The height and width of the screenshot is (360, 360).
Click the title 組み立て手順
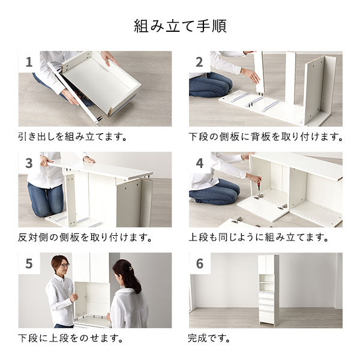point(180,27)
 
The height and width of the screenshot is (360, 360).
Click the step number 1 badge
point(29,62)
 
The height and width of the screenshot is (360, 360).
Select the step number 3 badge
point(29,163)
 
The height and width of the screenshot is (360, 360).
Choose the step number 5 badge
point(29,263)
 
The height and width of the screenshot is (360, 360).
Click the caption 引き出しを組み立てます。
point(73,137)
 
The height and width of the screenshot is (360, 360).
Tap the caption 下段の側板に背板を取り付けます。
point(266,137)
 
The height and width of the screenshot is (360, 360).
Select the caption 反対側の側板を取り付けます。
point(85,238)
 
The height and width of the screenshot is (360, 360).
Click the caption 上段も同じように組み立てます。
point(259,238)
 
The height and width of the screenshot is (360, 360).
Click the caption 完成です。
point(209,338)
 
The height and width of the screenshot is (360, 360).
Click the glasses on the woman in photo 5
point(64,264)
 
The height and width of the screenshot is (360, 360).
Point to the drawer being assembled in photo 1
point(102,84)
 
